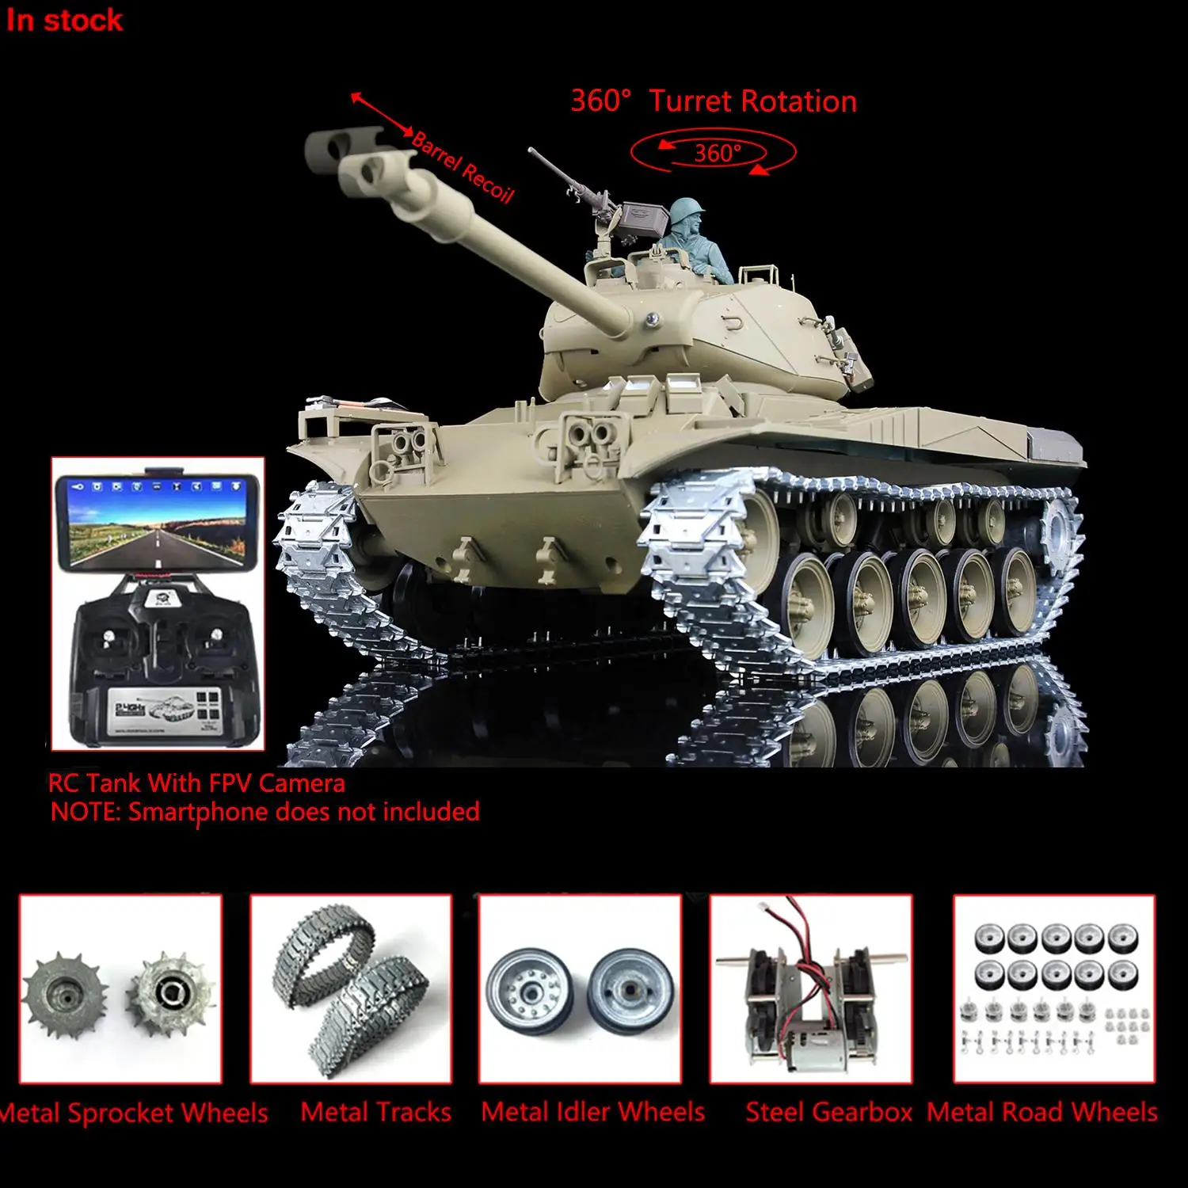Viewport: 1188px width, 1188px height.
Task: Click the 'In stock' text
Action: (x=64, y=21)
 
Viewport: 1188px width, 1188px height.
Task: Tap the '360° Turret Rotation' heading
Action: (x=714, y=101)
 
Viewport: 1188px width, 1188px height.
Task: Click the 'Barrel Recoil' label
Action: (x=464, y=167)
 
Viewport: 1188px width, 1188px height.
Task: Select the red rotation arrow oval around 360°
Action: (x=714, y=152)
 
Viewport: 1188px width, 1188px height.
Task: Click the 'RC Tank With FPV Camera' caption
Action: (x=196, y=783)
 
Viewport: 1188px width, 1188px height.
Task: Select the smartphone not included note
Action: (x=265, y=812)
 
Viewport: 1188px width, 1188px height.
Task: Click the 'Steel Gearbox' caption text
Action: (x=828, y=1112)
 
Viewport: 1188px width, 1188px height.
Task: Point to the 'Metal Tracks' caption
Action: (x=375, y=1112)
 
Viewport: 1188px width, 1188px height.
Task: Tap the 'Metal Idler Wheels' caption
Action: (x=592, y=1112)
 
